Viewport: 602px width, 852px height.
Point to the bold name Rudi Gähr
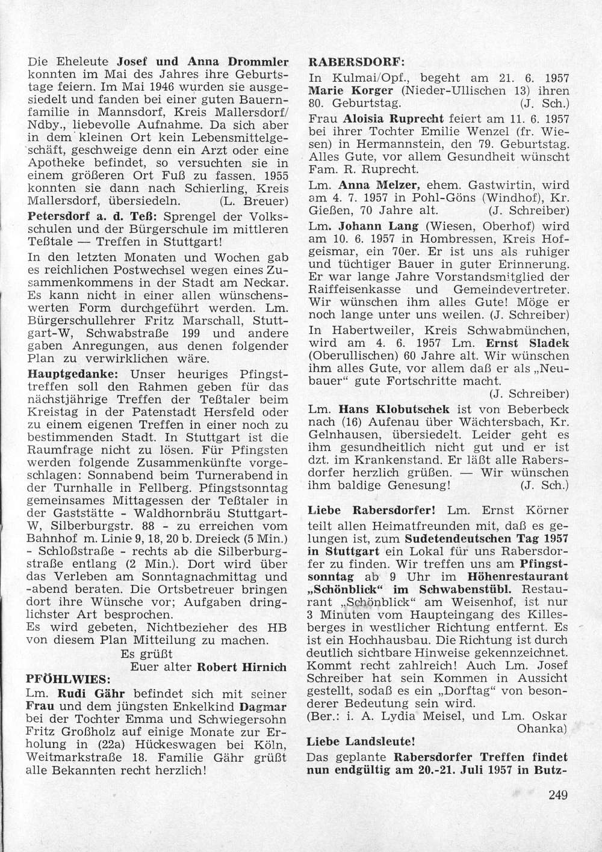(x=81, y=692)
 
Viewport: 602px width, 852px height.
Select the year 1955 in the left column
(x=271, y=176)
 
